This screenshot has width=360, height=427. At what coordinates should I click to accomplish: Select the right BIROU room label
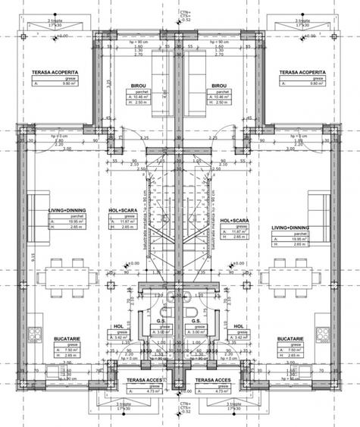(220, 86)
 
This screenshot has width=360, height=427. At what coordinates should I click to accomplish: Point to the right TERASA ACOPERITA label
(301, 74)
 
